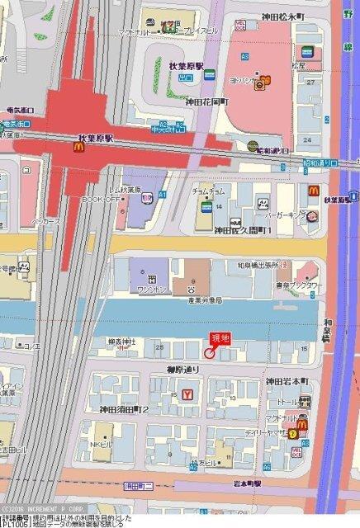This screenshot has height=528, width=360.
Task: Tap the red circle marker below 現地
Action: [210, 353]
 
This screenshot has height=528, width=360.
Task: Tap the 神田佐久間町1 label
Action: [244, 231]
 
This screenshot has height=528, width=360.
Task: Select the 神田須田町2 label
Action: [124, 409]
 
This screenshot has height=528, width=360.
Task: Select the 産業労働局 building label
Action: [198, 299]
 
